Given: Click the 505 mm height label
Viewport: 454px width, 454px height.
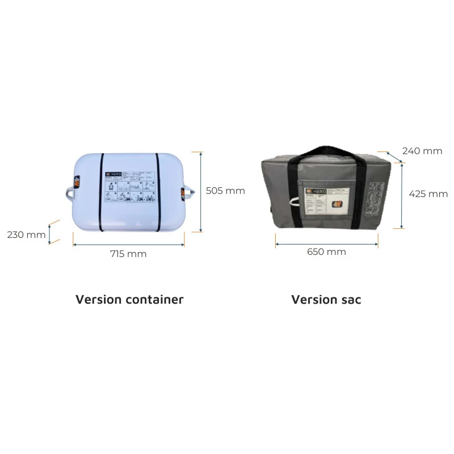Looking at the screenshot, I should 225,191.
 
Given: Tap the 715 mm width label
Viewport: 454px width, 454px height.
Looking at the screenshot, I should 128,254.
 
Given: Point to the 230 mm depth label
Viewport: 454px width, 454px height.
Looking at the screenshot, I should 27,234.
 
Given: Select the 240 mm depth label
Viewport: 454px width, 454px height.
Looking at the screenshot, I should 422,151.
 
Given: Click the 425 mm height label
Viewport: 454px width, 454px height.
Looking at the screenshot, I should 428,194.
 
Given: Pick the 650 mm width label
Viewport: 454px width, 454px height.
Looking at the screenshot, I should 327,251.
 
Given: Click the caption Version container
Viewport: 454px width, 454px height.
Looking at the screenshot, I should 129,299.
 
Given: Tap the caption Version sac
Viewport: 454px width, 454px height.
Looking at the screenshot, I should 326,299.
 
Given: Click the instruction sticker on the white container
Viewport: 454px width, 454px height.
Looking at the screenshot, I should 129,187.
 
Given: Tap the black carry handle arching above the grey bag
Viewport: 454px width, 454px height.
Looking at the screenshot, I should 326,152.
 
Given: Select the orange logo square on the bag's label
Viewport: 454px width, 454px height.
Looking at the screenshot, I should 339,205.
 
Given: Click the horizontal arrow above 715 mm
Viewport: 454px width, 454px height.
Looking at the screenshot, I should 129,245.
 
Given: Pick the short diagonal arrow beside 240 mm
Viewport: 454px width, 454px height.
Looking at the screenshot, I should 394,157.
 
